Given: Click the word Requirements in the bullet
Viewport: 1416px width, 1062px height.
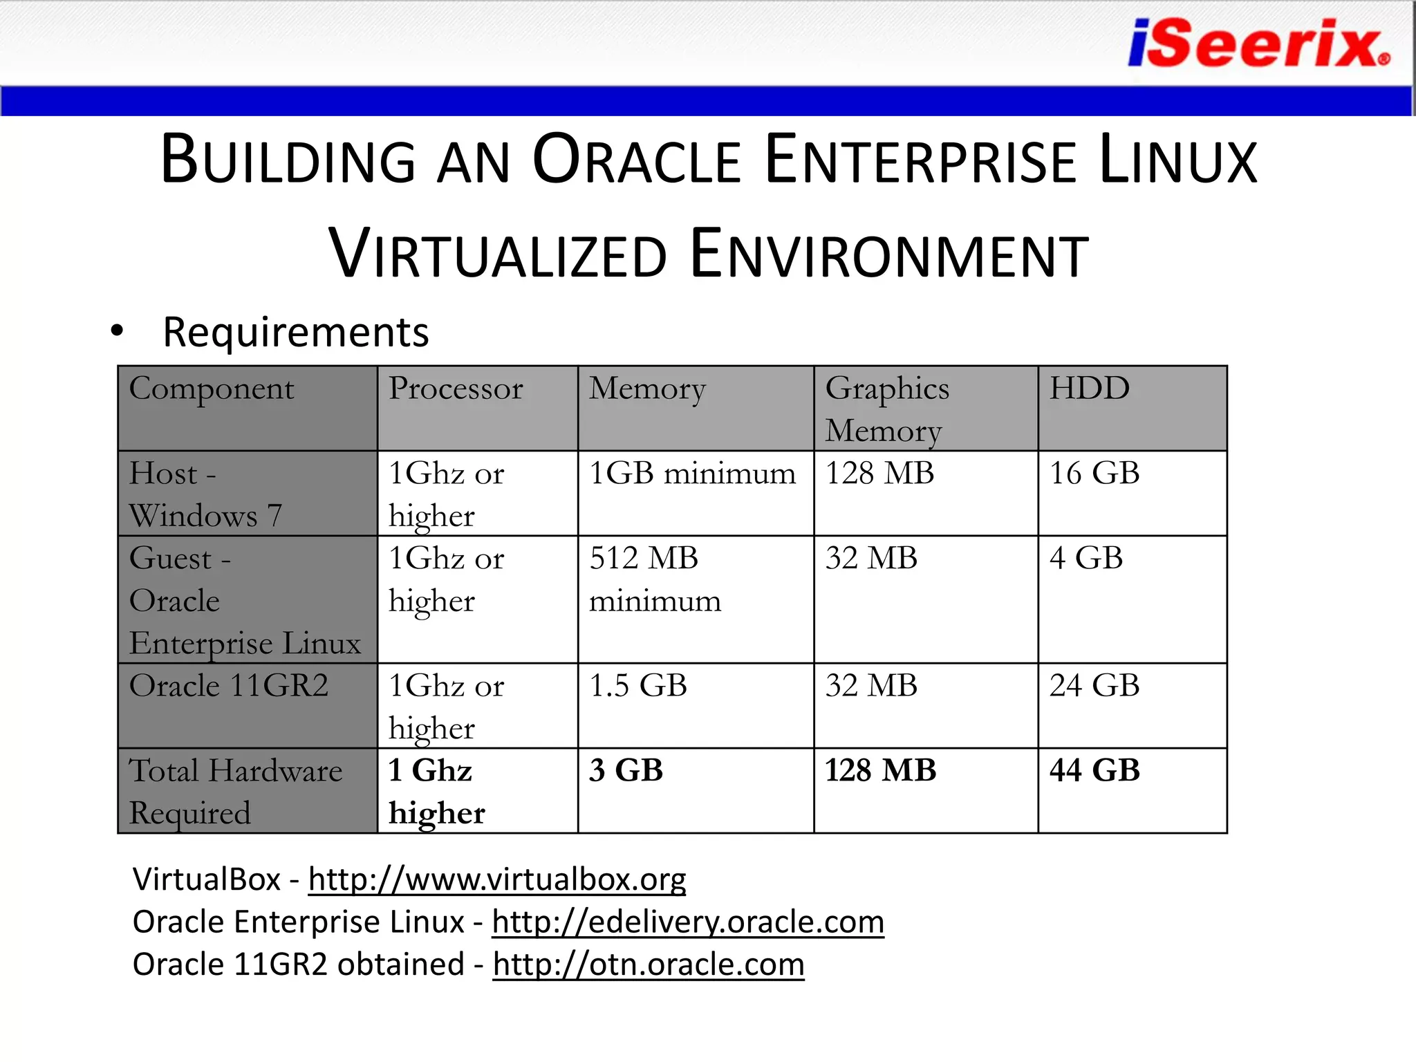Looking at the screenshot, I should (296, 332).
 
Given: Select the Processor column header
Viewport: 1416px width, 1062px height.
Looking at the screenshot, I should (456, 389).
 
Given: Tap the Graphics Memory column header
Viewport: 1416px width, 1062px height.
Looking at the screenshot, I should (887, 409).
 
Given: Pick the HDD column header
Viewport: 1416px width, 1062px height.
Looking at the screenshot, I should (1090, 389).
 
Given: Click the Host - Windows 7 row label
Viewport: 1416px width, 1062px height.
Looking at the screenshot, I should (206, 494).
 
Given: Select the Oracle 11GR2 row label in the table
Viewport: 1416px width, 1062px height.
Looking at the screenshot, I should (229, 686).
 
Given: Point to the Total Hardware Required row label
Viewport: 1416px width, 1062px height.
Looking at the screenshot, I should (236, 792).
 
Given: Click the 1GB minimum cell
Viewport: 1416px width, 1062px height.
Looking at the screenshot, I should (692, 474).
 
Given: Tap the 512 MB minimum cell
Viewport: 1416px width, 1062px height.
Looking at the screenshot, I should (655, 579).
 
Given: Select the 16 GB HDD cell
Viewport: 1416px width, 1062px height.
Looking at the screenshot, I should (1094, 474).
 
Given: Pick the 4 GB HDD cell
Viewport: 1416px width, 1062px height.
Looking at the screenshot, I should (1086, 558).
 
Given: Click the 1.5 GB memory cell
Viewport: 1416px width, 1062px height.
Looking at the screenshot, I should (638, 686).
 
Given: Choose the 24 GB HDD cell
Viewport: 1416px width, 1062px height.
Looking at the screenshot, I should (1094, 686).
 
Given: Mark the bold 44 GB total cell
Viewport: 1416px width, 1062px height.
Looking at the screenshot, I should (1094, 770).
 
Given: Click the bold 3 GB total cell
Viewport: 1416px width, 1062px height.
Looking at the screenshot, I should (626, 770).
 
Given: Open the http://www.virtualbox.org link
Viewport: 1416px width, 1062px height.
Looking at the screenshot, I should (497, 879).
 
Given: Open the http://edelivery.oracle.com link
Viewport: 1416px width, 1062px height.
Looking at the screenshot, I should (688, 922).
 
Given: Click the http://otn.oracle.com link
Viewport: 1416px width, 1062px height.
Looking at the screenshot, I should (649, 965).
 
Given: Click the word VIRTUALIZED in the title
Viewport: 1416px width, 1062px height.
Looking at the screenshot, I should (498, 254).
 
